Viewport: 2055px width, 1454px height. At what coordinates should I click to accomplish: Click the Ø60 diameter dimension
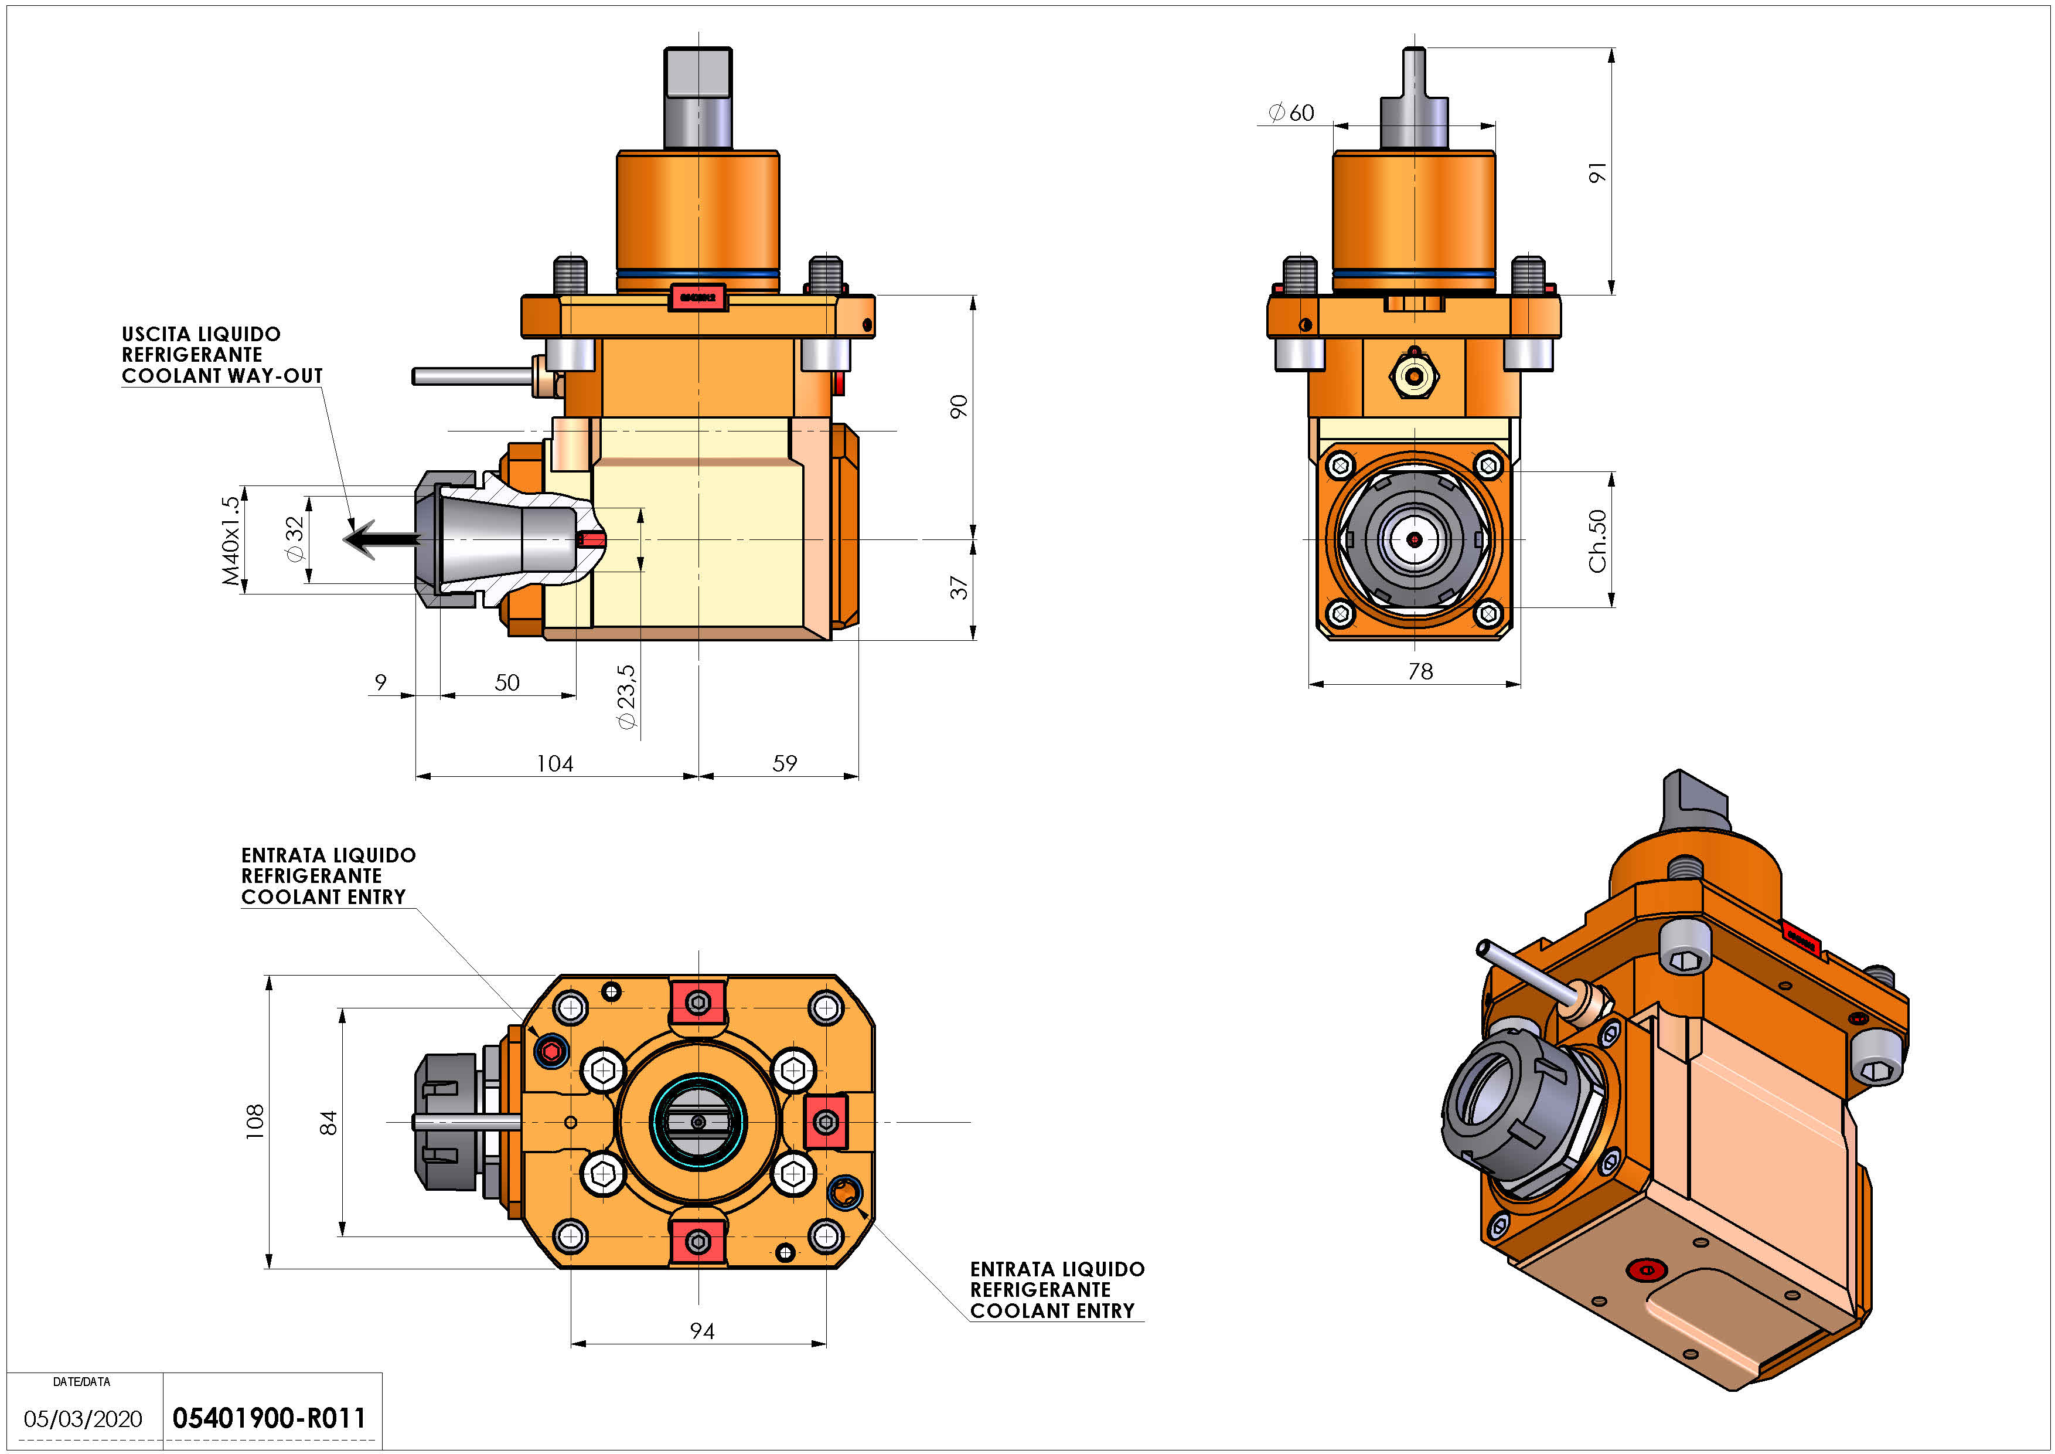click(x=1291, y=113)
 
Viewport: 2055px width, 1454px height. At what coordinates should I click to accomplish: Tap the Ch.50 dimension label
click(x=1597, y=541)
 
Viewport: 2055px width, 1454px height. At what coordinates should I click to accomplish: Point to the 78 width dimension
click(x=1420, y=671)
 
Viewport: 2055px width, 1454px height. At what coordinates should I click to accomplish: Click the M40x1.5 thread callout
click(x=231, y=541)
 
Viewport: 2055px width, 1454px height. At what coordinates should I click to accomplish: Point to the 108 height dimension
click(x=255, y=1122)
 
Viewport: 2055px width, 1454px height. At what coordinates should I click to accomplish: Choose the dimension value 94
click(x=702, y=1331)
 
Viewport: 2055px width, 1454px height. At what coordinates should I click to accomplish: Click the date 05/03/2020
click(x=83, y=1419)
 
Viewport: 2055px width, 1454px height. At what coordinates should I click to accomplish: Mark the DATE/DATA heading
click(x=81, y=1381)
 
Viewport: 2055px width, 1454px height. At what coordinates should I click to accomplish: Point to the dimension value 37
click(x=959, y=588)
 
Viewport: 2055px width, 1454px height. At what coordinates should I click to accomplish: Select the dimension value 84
click(x=329, y=1123)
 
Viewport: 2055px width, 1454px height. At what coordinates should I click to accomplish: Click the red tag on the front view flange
click(x=697, y=297)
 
